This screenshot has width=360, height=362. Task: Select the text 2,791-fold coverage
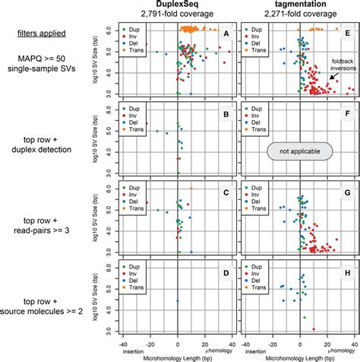pos(177,15)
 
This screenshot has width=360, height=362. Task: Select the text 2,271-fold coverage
pos(300,15)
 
